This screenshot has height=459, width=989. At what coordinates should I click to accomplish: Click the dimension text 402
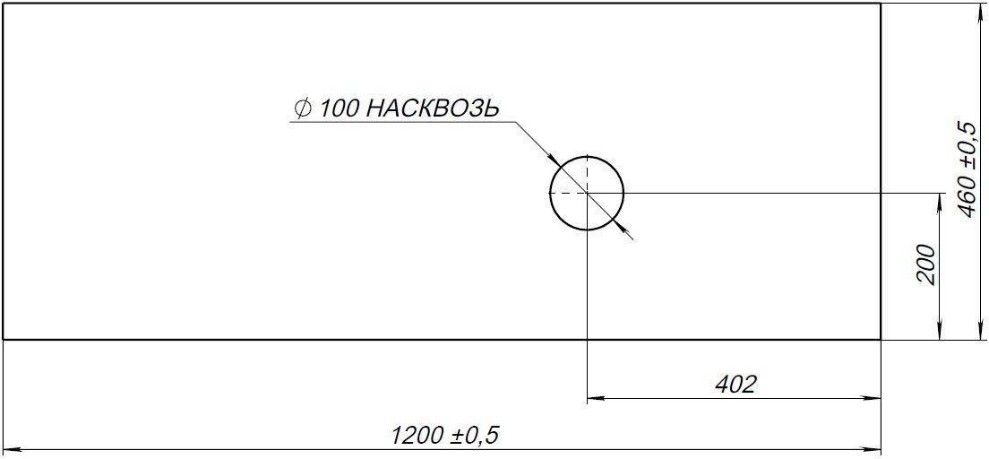[x=735, y=385]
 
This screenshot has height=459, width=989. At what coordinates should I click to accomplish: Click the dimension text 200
[x=927, y=264]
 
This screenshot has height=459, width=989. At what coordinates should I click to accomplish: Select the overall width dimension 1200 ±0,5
[x=445, y=436]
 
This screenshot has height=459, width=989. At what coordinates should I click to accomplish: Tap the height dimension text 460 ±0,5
[x=967, y=169]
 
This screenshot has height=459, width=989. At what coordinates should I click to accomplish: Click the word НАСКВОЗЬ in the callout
[x=433, y=108]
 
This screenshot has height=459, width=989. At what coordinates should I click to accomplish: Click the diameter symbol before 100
[x=302, y=108]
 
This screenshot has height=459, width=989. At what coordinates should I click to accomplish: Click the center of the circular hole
[x=586, y=193]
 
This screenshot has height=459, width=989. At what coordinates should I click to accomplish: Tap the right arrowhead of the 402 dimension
[x=874, y=399]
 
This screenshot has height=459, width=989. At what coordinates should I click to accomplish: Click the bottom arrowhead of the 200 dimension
[x=938, y=333]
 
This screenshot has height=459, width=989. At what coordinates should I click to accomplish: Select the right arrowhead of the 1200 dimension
[x=874, y=449]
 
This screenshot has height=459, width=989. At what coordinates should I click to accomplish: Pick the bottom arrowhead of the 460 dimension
[x=977, y=333]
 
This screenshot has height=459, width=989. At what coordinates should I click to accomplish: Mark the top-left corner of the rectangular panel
[x=4, y=4]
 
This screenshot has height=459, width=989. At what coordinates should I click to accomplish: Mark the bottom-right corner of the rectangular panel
[x=881, y=339]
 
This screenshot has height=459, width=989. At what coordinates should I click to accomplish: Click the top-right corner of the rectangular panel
[x=881, y=4]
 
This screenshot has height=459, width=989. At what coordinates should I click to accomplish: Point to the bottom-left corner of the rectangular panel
[x=4, y=339]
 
